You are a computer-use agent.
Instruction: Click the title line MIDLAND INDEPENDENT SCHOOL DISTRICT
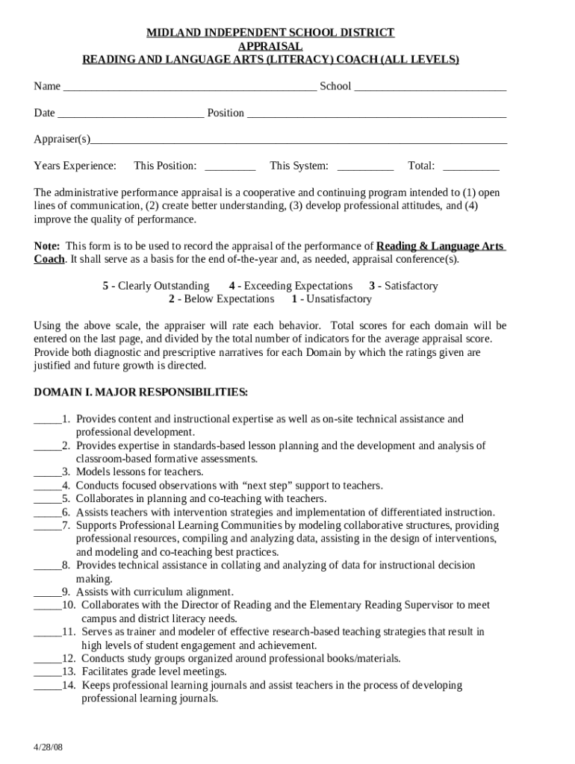tap(270, 33)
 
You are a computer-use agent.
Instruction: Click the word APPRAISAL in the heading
tap(270, 46)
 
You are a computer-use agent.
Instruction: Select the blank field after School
tap(430, 87)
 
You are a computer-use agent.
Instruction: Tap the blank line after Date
tap(131, 113)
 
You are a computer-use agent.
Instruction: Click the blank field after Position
tap(376, 113)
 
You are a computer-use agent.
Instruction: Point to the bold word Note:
tap(48, 246)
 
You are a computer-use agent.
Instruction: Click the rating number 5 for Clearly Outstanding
tap(105, 286)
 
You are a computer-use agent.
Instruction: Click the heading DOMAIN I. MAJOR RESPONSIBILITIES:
tap(141, 392)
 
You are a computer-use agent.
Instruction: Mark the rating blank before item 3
tap(46, 472)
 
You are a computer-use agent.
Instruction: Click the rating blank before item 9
tap(46, 592)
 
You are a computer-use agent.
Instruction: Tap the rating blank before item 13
tap(46, 672)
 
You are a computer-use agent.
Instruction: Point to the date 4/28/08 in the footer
tap(48, 748)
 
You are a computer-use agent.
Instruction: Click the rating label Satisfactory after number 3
tap(411, 286)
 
